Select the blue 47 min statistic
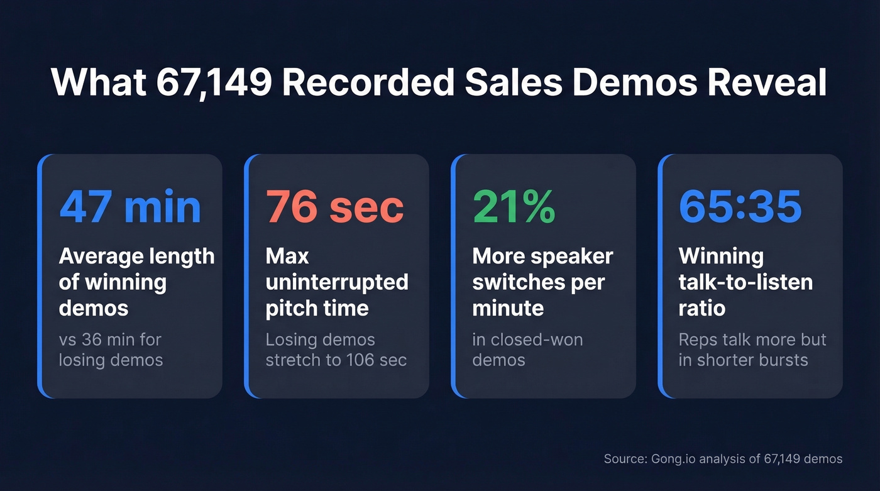tap(130, 207)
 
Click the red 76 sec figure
tap(335, 207)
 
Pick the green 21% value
tap(514, 207)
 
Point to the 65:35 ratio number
tap(740, 207)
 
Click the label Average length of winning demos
tap(136, 282)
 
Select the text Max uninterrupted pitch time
tap(336, 282)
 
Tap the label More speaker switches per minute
tap(542, 282)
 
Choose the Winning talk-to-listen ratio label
tap(745, 282)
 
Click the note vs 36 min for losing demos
tap(111, 350)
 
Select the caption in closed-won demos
tap(527, 350)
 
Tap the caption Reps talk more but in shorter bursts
tap(752, 350)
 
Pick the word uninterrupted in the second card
tap(336, 282)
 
